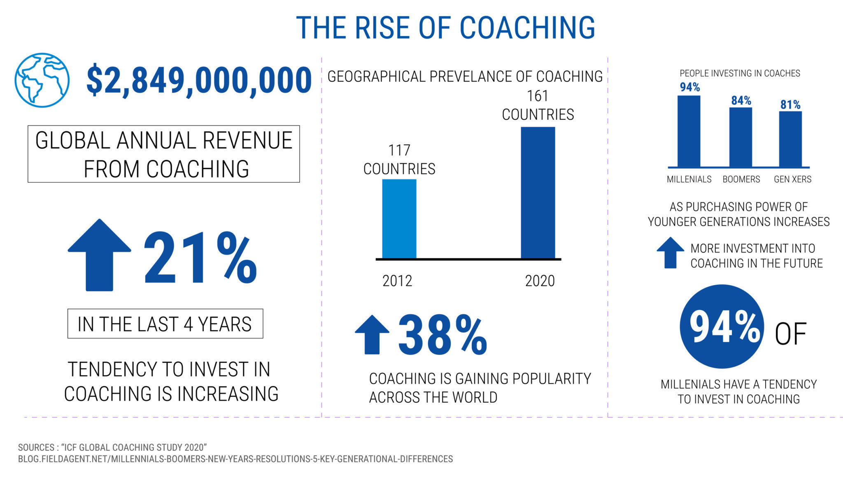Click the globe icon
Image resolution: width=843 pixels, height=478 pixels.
pos(42,80)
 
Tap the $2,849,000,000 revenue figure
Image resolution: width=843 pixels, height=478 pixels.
pos(199,80)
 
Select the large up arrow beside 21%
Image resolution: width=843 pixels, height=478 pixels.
pos(99,255)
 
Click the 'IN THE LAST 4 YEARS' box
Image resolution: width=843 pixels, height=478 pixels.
pos(165,324)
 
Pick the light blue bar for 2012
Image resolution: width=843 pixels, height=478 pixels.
pos(399,219)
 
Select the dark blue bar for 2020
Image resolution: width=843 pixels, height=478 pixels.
pos(538,193)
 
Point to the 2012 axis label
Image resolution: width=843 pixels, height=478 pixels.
pos(397,281)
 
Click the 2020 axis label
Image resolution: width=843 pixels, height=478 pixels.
pos(540,281)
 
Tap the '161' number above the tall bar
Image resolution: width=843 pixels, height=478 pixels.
pos(538,96)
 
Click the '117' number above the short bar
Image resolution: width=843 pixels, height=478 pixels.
pos(399,151)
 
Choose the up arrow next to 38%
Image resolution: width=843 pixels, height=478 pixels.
pos(372,334)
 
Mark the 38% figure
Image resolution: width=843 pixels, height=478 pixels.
pos(443,334)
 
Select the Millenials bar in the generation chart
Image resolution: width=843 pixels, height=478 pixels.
pos(689,131)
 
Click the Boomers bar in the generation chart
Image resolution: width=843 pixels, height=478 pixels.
pos(741,137)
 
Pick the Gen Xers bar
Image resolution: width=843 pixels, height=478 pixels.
pos(790,139)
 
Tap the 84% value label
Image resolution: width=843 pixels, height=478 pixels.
pos(741,100)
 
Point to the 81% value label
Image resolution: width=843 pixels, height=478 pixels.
pos(790,104)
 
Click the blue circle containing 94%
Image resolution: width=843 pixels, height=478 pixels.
pos(722,326)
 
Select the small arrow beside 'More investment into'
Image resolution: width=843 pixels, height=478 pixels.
pos(671,253)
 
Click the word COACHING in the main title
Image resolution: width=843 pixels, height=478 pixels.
pos(527,28)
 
